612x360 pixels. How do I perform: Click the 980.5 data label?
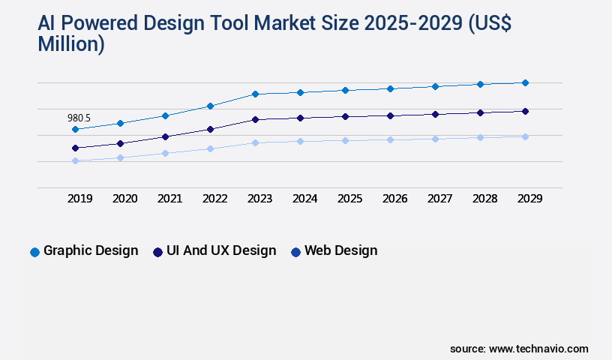point(79,118)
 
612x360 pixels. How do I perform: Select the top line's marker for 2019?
point(75,130)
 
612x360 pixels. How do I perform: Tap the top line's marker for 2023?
point(255,94)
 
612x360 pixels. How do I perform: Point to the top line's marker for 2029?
point(525,82)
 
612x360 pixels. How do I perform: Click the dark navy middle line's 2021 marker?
point(165,136)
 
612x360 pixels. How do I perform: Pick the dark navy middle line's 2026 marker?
point(390,115)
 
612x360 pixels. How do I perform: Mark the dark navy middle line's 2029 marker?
point(525,111)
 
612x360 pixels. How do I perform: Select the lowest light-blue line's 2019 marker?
point(75,160)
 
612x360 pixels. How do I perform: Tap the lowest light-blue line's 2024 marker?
point(300,141)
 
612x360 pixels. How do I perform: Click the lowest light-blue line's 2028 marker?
point(480,137)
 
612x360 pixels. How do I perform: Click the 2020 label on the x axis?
point(124,199)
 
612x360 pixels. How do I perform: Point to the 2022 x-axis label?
point(214,199)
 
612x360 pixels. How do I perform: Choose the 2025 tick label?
point(349,199)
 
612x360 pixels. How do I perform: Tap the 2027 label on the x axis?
point(439,199)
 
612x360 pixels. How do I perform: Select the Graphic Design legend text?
point(91,250)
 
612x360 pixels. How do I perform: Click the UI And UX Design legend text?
point(221,250)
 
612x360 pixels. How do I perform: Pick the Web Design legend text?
point(340,250)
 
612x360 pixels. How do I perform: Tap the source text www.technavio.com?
point(538,349)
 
